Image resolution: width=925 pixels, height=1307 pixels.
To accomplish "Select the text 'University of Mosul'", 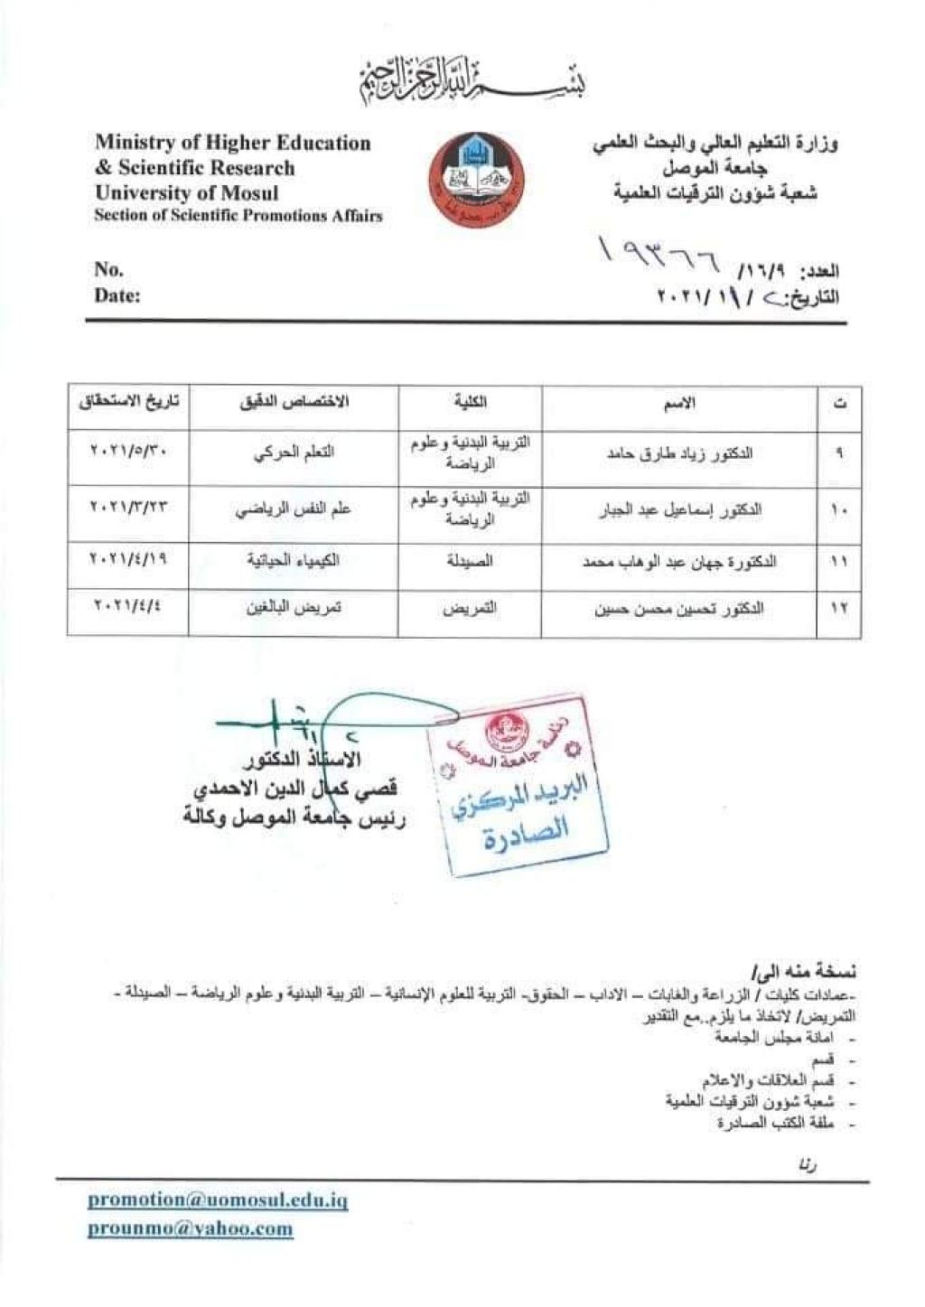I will [187, 193].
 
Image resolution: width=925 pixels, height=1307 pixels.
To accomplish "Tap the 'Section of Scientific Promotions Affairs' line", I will [238, 216].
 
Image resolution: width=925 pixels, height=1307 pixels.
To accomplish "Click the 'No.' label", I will [109, 269].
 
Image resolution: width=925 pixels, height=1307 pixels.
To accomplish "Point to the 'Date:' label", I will [117, 295].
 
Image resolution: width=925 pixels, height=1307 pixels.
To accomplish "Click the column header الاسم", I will [679, 405].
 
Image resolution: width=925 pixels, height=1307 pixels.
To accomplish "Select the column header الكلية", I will [471, 403].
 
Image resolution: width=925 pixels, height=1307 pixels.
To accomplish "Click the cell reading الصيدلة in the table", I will [471, 561].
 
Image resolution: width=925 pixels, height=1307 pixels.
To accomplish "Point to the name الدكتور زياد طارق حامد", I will [679, 453].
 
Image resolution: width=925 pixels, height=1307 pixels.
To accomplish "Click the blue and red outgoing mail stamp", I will [517, 784].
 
